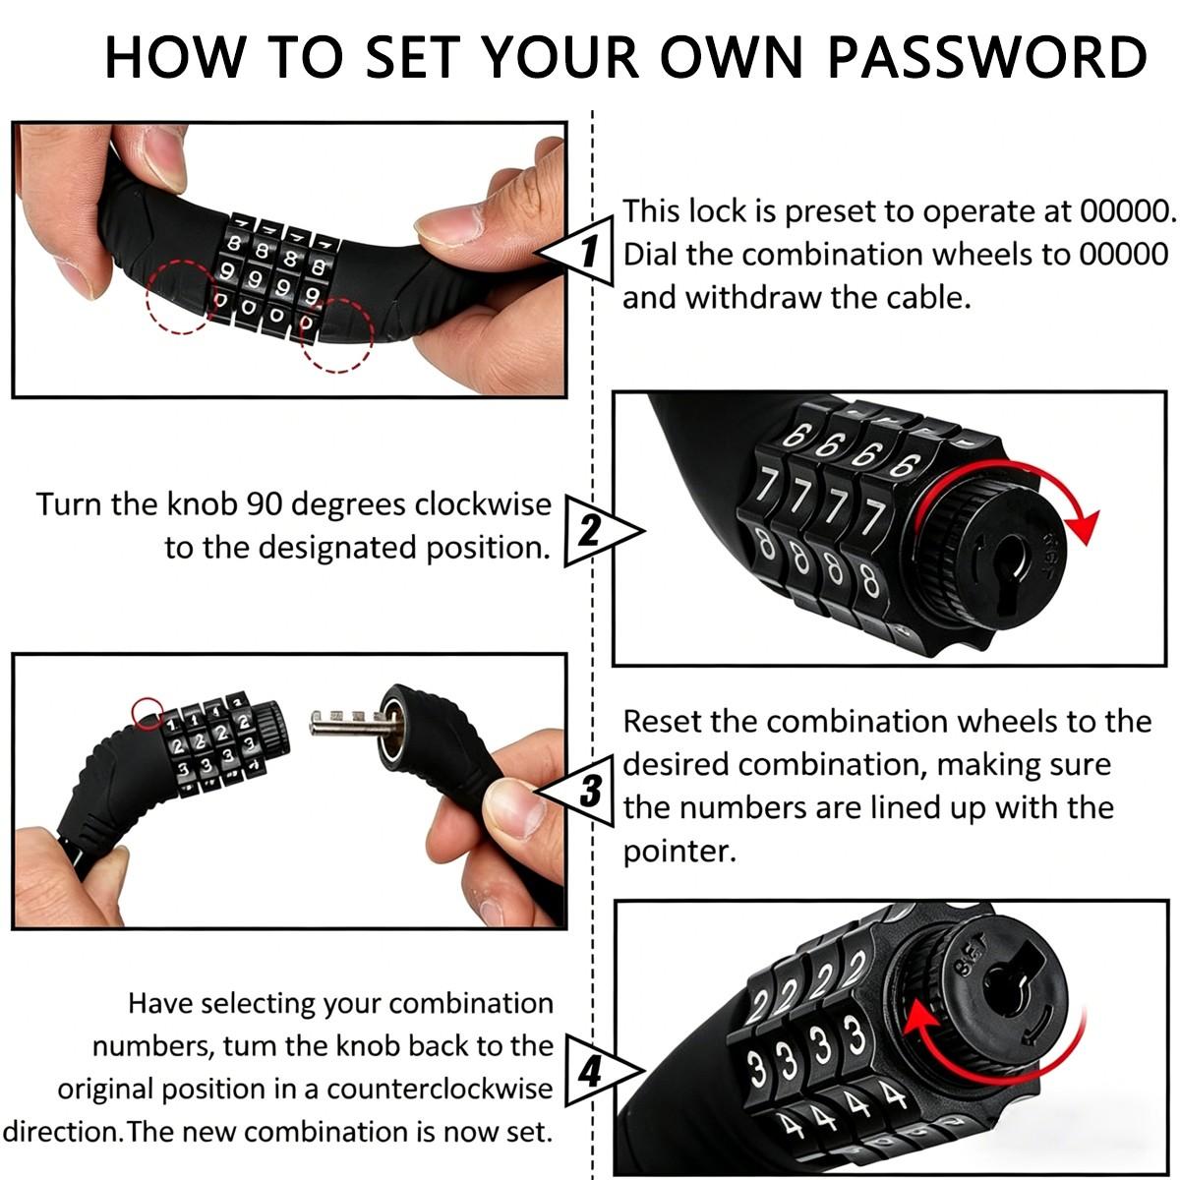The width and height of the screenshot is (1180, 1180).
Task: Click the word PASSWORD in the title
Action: coord(986,56)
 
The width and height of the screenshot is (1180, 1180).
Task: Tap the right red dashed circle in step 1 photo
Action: coord(336,334)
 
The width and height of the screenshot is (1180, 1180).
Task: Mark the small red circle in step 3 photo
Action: coord(147,711)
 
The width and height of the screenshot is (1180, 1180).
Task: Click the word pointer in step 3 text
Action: coord(678,851)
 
